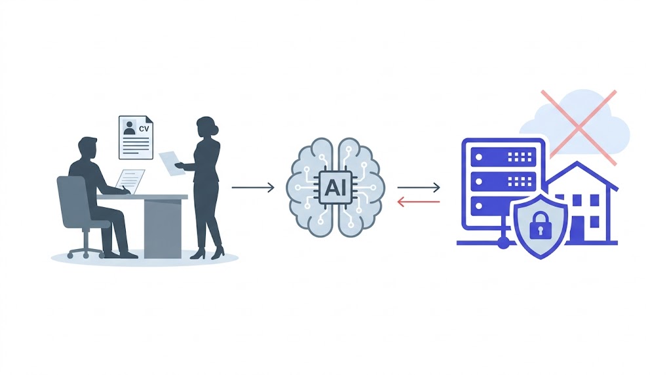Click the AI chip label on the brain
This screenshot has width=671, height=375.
[x=335, y=187]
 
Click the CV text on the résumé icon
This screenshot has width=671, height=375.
[x=144, y=128]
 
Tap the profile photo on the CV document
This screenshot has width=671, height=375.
[x=129, y=127]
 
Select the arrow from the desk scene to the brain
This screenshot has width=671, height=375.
[x=253, y=187]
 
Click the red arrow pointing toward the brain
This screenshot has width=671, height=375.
[x=418, y=202]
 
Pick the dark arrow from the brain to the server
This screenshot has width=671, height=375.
[x=418, y=187]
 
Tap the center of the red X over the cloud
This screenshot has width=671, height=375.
[x=578, y=127]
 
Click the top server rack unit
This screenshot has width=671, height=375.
[x=503, y=157]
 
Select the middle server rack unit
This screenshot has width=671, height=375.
[x=503, y=182]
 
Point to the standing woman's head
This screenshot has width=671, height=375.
[x=206, y=128]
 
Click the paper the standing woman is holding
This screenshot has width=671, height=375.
[x=171, y=163]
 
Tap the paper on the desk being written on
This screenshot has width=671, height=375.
[x=130, y=181]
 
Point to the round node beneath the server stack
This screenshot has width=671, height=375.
[x=503, y=243]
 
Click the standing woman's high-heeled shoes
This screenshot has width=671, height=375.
[x=208, y=253]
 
